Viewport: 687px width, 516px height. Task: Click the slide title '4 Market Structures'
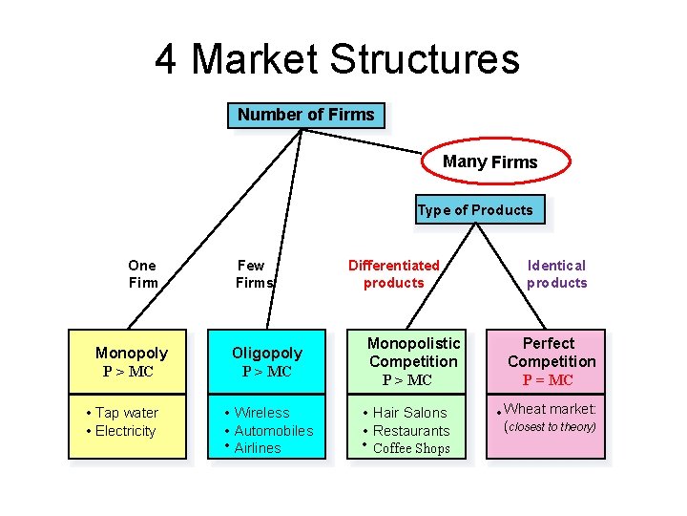338,59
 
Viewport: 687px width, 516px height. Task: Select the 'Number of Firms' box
305,116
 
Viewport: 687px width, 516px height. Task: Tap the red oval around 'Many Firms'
490,162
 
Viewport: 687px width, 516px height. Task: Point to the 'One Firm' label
142,273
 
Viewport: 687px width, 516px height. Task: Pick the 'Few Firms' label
253,273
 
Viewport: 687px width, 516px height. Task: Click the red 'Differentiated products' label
393,273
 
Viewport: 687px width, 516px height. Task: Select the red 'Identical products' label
556,273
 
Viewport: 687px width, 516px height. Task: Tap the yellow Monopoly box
132,361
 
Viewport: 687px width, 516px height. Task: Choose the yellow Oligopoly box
267,361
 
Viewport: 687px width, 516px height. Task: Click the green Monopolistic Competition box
413,361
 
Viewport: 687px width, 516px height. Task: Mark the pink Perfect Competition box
551,361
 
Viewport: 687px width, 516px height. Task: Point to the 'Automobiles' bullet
273,431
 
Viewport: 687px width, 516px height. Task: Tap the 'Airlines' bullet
257,448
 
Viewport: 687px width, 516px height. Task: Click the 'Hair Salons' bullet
409,413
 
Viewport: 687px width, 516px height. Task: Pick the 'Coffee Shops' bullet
411,448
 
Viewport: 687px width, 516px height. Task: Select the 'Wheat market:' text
550,409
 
